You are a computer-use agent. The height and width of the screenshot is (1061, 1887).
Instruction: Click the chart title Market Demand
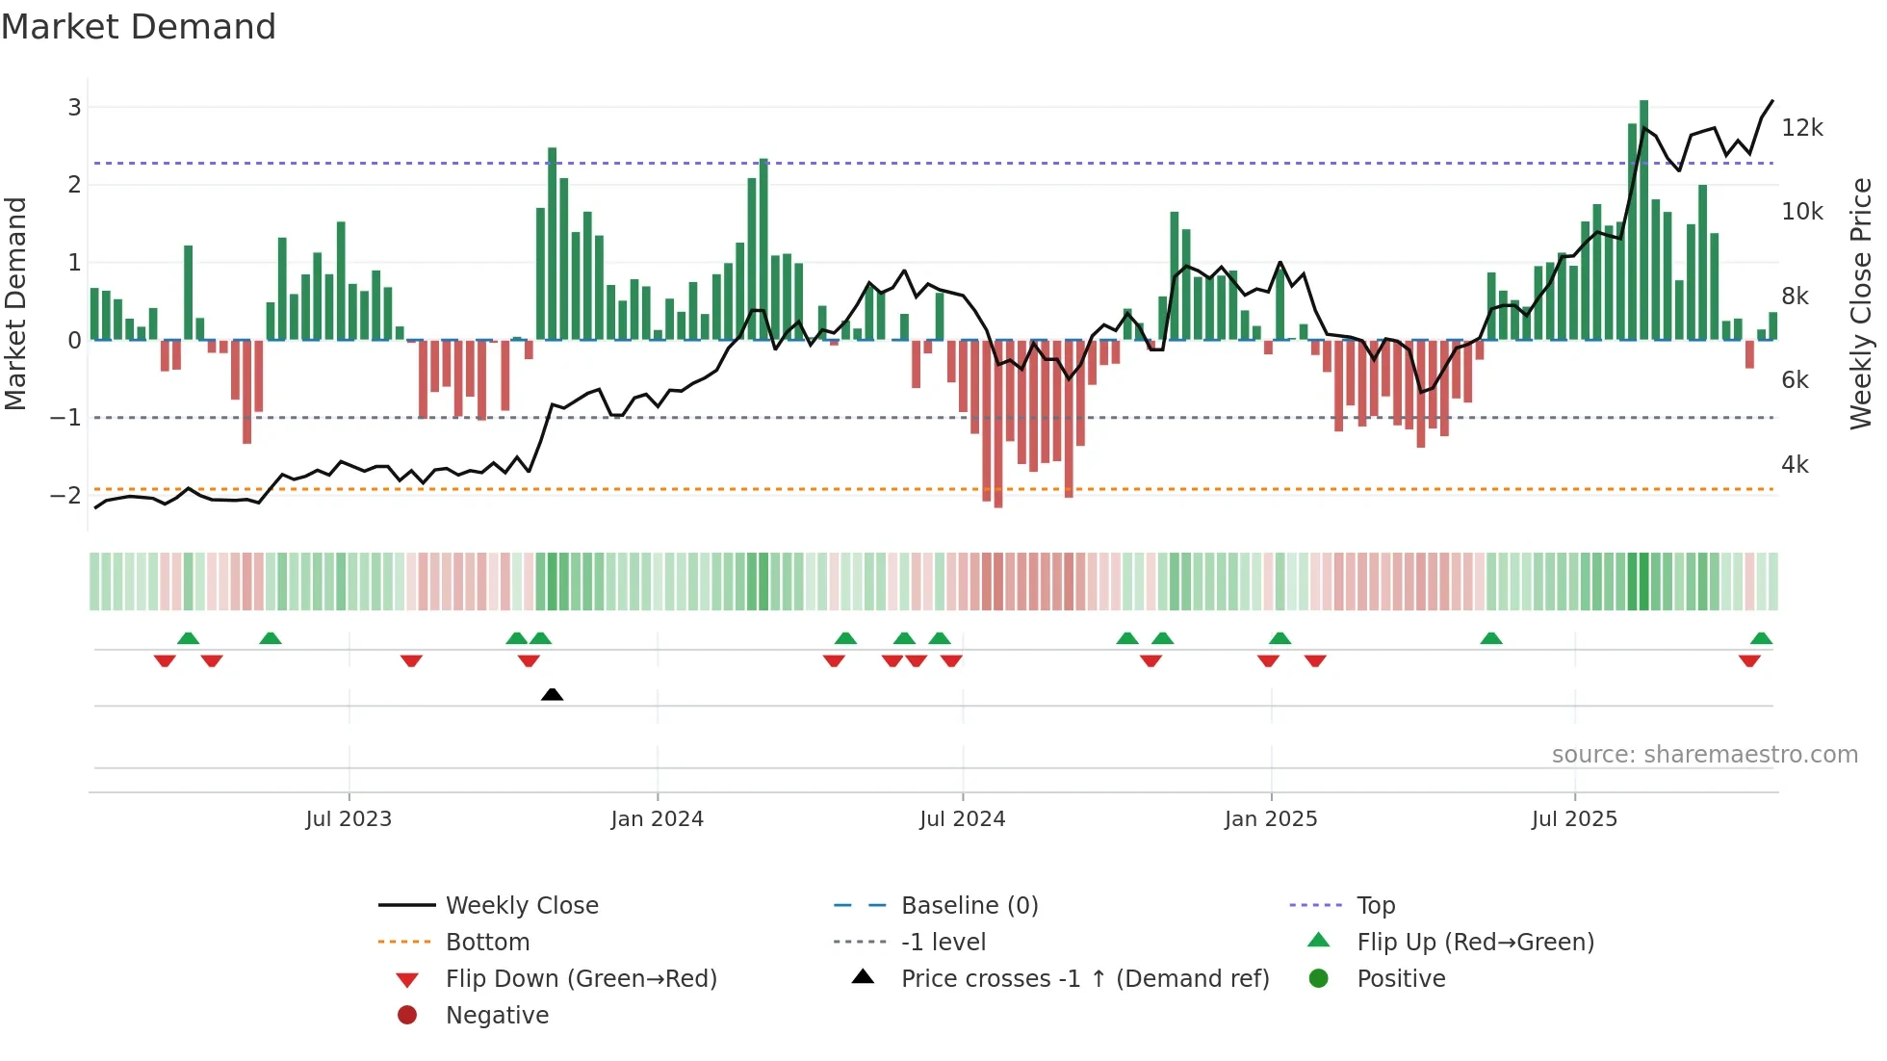coord(139,26)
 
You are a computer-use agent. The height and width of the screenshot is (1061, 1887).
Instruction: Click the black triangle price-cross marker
coord(552,694)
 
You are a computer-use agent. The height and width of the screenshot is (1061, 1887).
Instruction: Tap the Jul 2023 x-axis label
coord(349,819)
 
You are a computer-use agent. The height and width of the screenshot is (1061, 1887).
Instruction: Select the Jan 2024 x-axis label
coord(657,819)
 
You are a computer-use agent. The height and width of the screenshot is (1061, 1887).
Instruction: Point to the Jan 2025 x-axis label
coord(1271,819)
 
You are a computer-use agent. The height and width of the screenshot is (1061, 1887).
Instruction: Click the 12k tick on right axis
coord(1801,128)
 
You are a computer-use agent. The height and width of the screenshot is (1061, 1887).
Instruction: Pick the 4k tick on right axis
coord(1795,465)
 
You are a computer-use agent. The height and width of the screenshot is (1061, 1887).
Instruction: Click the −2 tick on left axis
coord(65,496)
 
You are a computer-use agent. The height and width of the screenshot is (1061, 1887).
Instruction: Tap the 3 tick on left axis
coord(74,107)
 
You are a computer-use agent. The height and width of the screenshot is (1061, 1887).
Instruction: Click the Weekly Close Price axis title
coord(1861,303)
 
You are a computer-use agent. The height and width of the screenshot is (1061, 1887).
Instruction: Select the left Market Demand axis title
coord(15,303)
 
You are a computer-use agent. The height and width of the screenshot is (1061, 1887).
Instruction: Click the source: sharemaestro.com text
coord(1704,755)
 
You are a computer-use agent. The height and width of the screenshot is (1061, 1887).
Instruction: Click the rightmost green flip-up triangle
coord(1761,638)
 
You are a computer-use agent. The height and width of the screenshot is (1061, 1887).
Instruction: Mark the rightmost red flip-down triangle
coord(1749,660)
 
